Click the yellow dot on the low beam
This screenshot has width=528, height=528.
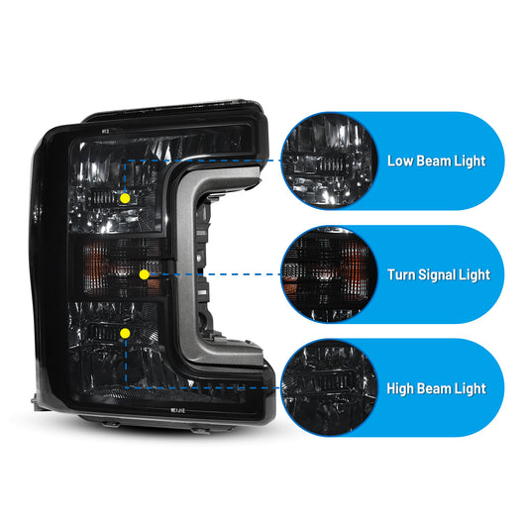coord(125,198)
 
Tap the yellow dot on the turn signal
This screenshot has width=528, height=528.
coord(144,274)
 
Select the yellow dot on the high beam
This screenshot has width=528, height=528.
coord(125,334)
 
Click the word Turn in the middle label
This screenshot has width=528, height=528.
coord(401,274)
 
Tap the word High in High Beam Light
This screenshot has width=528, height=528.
coord(400,388)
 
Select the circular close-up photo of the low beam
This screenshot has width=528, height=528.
coord(329,160)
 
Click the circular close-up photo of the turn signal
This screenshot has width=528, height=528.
coord(329,274)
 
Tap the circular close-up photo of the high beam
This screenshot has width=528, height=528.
coord(329,388)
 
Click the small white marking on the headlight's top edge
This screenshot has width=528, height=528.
coord(105,131)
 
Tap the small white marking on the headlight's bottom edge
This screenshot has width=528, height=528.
coord(177,410)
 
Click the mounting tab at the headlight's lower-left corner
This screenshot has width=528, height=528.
coord(37,401)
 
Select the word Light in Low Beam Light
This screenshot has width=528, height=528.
coord(471,161)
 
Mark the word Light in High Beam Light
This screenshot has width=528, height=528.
coord(471,389)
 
